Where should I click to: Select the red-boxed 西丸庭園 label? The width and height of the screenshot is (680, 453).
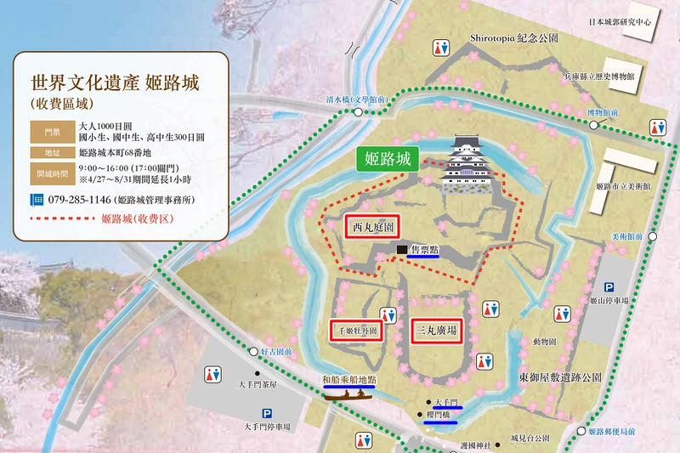[x=373, y=228]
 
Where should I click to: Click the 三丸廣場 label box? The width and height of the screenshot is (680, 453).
[x=437, y=330]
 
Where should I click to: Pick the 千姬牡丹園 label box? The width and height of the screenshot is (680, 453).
[x=354, y=330]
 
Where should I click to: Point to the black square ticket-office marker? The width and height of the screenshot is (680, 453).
[x=401, y=249]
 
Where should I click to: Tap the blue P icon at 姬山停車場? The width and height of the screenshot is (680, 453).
[x=609, y=288]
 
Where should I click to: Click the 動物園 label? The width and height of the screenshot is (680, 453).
[x=545, y=342]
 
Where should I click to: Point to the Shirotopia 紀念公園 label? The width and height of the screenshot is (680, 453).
[x=513, y=39]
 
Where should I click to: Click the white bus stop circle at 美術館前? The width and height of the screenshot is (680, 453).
[x=653, y=236]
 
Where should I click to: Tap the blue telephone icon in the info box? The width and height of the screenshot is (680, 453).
[x=37, y=200]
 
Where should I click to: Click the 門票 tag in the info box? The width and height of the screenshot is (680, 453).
[x=47, y=131]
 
